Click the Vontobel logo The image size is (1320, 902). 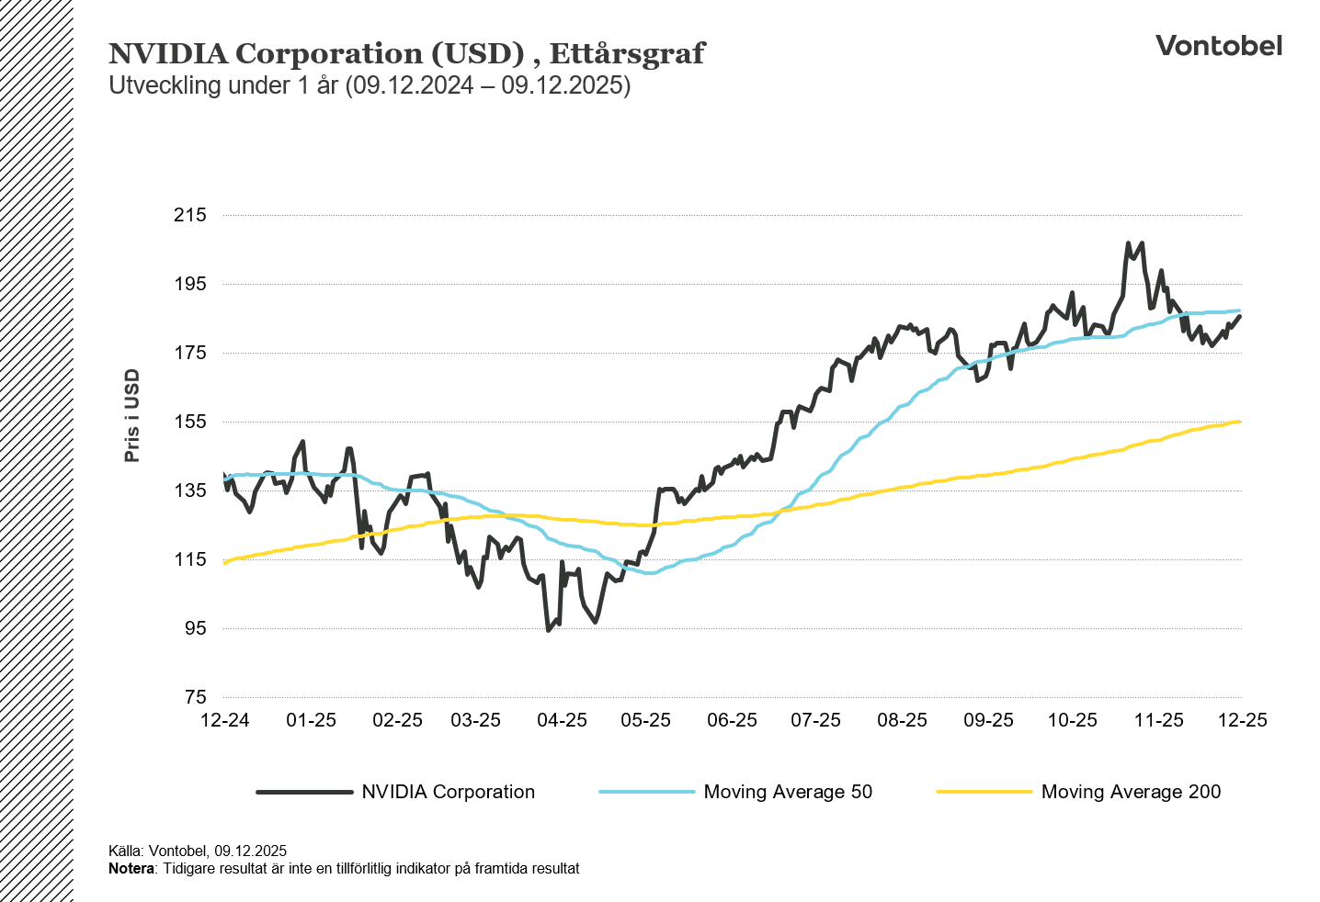[x=1218, y=46]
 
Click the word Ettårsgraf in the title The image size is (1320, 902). [x=627, y=54]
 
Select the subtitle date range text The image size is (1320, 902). [x=487, y=86]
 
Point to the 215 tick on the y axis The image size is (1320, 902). [x=190, y=215]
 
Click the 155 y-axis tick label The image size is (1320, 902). [x=190, y=422]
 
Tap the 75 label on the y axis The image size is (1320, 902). [x=195, y=697]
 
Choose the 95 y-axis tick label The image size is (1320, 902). [x=195, y=628]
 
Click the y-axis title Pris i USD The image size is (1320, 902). [x=132, y=415]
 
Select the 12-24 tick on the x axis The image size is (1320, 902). [x=224, y=720]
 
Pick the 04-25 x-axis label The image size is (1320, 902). [x=562, y=720]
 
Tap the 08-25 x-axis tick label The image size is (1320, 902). [x=902, y=720]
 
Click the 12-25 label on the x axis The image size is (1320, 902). [x=1242, y=720]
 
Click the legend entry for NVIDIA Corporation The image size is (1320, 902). [x=448, y=792]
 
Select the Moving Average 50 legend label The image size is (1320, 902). [x=788, y=792]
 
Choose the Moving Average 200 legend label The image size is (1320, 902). [x=1131, y=792]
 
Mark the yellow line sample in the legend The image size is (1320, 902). [x=984, y=792]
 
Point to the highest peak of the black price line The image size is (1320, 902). [x=1128, y=243]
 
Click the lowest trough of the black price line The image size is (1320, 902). [x=549, y=629]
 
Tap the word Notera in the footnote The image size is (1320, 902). [x=131, y=869]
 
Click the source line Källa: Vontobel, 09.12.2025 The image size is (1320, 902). [x=198, y=851]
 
